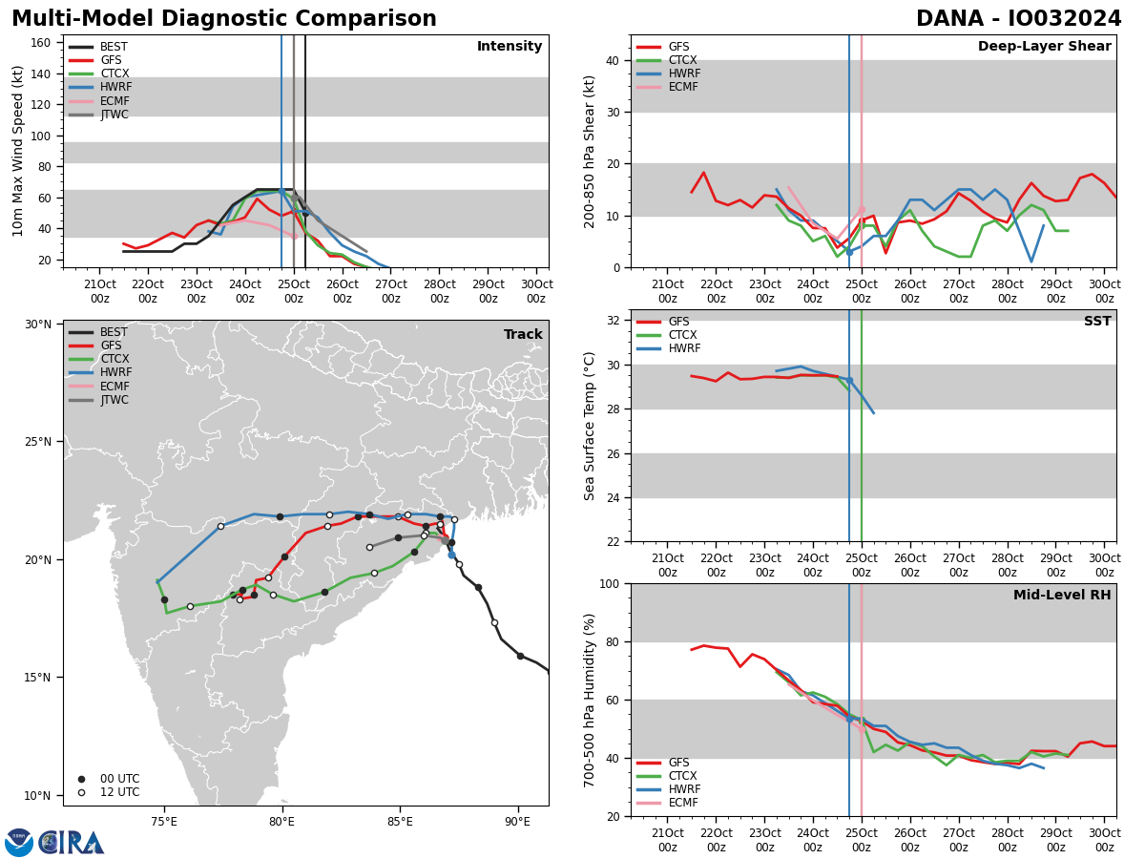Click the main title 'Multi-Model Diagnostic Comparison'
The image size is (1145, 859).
[224, 19]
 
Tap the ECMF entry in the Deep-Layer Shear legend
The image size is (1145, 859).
[683, 87]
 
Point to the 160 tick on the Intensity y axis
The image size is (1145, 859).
[41, 43]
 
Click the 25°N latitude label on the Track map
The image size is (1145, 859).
[38, 442]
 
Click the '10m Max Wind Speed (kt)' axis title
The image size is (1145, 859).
[17, 151]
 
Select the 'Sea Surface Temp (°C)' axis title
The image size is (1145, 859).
[590, 426]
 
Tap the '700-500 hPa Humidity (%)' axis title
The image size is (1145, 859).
[590, 700]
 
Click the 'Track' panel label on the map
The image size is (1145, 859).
[523, 335]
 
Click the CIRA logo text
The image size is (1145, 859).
[72, 843]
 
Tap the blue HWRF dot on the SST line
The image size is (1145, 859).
[849, 381]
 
